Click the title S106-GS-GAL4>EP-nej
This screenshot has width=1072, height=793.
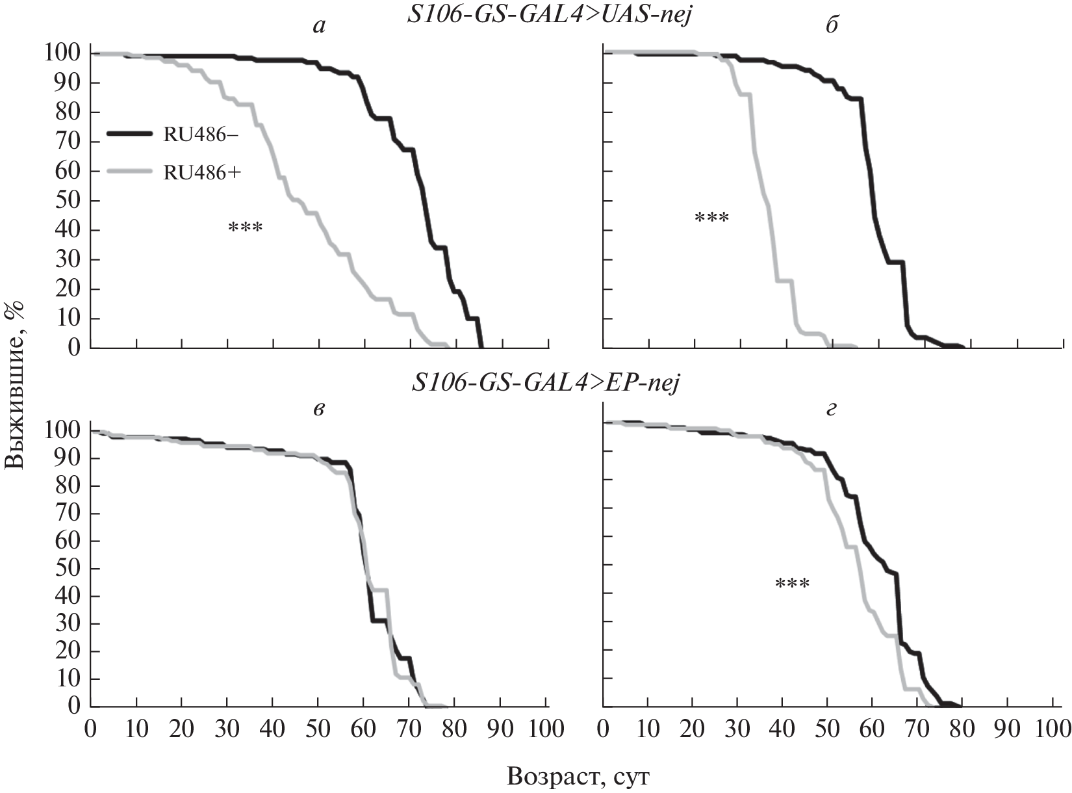546,384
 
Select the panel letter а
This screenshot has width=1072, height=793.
318,27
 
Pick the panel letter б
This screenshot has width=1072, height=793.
832,27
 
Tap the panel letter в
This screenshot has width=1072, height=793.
318,411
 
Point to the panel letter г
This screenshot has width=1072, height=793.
832,411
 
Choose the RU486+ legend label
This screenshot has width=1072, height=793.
200,172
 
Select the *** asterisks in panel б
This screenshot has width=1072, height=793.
712,218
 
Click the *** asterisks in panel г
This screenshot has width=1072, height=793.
792,584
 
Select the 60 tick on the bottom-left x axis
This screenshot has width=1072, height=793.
363,728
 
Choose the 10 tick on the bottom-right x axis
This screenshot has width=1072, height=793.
648,728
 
